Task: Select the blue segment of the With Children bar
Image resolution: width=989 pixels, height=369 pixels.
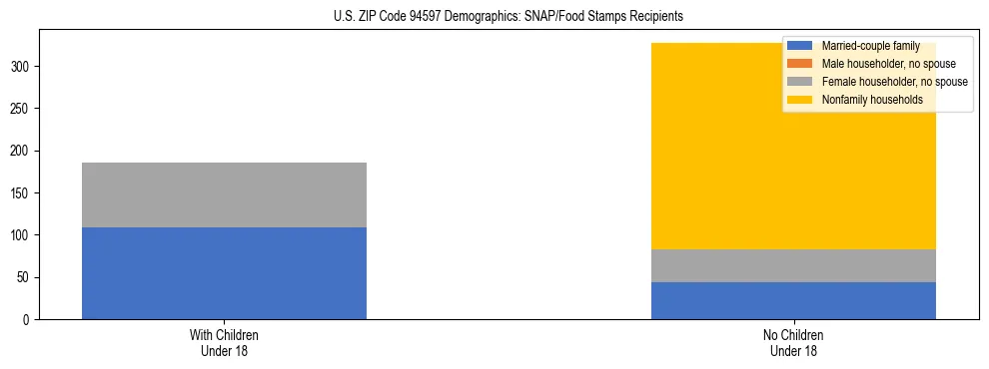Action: click(x=224, y=273)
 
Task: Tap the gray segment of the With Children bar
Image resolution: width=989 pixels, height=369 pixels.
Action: click(x=224, y=194)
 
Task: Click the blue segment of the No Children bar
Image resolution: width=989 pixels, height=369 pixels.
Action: click(x=793, y=300)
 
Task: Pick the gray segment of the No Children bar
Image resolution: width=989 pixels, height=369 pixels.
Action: click(x=793, y=265)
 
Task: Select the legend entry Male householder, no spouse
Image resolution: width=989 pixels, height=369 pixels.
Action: click(x=888, y=64)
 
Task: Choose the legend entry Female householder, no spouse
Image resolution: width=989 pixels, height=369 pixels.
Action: click(x=894, y=82)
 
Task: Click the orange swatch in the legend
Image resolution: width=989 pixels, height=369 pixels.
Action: click(x=800, y=64)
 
